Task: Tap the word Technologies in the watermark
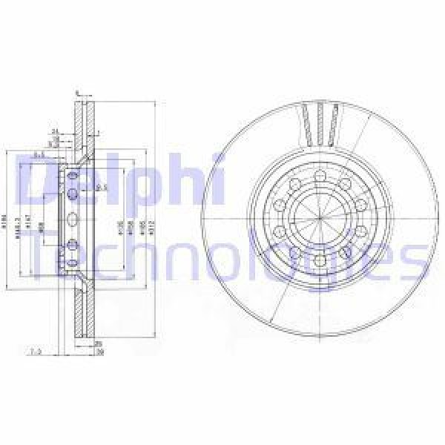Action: point(222,257)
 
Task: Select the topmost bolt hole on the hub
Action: point(320,175)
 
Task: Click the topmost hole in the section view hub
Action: point(73,177)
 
